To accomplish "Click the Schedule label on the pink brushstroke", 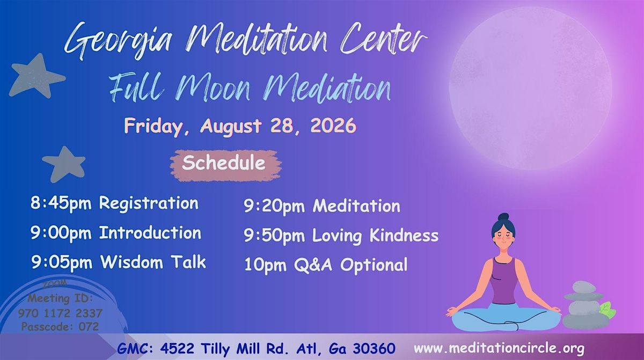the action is (x=224, y=163).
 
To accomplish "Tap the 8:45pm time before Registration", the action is (x=61, y=203).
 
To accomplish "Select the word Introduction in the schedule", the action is (x=150, y=233).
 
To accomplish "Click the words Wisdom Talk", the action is (x=153, y=262).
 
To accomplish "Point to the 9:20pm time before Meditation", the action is (x=274, y=206).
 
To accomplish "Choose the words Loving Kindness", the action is (x=376, y=236).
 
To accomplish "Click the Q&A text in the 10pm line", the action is (x=313, y=265).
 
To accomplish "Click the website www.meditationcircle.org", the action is (x=499, y=348).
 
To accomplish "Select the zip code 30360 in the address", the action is (x=374, y=349).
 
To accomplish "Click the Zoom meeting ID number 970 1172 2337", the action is (x=60, y=313).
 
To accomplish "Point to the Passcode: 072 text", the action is (x=60, y=327).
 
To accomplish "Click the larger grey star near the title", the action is (x=36, y=76).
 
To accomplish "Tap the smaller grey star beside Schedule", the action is (x=64, y=164).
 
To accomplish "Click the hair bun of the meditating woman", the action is (x=503, y=217).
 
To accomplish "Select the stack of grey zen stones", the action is (x=583, y=306).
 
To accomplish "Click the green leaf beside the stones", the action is (x=608, y=310).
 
